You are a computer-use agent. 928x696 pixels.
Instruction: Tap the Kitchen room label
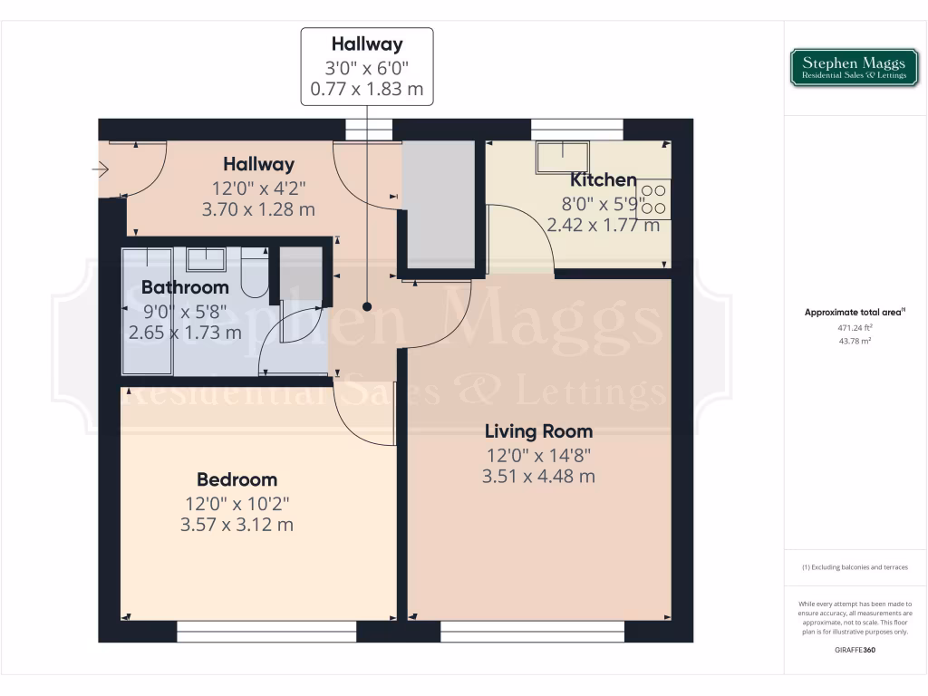click(603, 179)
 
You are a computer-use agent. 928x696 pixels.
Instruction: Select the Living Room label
click(538, 431)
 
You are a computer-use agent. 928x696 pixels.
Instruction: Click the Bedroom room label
click(237, 479)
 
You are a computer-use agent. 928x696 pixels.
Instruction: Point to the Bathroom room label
click(185, 287)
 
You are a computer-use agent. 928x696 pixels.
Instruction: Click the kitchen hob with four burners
click(653, 199)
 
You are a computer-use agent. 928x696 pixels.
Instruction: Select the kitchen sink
click(561, 158)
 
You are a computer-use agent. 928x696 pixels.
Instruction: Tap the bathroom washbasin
click(207, 259)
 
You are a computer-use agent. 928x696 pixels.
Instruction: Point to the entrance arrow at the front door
click(101, 169)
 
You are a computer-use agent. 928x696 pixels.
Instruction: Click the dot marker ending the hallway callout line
click(367, 306)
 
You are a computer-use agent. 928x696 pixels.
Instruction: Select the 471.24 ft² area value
click(855, 327)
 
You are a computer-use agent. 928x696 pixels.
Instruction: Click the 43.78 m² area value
click(855, 341)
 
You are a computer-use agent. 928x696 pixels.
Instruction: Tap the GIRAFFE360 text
click(855, 650)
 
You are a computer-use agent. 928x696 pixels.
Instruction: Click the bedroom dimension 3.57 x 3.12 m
click(237, 524)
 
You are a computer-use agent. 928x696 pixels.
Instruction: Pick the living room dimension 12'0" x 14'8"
click(538, 455)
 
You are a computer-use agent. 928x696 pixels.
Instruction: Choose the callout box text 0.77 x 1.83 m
click(367, 90)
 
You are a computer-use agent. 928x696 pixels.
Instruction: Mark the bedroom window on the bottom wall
click(266, 632)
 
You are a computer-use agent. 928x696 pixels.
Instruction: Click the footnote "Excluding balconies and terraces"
click(855, 567)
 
